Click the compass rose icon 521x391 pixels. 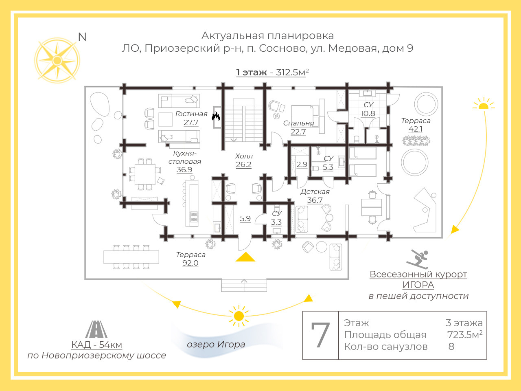tap(57, 61)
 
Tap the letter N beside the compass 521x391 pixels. tap(82, 37)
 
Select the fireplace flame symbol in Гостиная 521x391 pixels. tap(216, 116)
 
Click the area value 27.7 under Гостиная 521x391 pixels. tap(191, 123)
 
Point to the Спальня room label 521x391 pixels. tap(298, 123)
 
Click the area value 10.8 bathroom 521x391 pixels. tap(368, 114)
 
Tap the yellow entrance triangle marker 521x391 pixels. tap(245, 257)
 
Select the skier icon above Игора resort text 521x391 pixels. tap(417, 259)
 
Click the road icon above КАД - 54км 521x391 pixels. tap(96, 329)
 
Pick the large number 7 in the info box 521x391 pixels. tap(320, 335)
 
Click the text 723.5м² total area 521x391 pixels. tap(464, 335)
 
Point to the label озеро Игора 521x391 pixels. tap(216, 345)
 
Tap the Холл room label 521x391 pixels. tap(244, 156)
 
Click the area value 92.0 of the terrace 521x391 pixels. tap(190, 263)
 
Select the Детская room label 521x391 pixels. tap(315, 191)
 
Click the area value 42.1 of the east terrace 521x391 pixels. tap(416, 129)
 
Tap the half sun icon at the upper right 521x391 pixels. tap(483, 104)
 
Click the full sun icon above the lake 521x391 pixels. tap(239, 316)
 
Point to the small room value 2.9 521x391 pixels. tap(302, 165)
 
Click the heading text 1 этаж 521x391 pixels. tap(251, 72)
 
